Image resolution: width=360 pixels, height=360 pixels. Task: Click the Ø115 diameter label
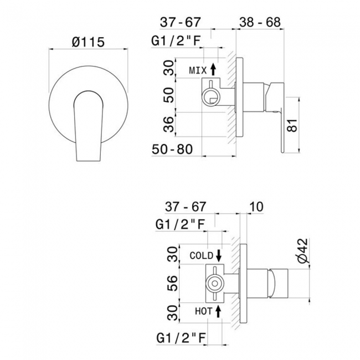pos(89,41)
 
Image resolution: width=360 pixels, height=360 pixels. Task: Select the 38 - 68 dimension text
pos(259,23)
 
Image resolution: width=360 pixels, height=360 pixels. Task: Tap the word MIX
pos(198,70)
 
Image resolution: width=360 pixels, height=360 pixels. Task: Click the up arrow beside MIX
pos(214,70)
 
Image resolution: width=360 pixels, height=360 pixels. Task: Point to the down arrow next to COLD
pos(219,255)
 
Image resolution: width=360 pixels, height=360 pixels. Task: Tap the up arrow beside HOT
pos(219,311)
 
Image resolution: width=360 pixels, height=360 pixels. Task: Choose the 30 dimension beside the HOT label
pos(172,312)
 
